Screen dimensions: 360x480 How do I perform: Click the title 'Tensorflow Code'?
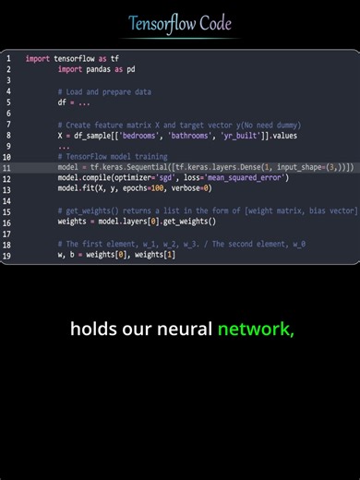click(179, 24)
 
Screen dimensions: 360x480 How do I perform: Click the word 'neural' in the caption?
click(178, 330)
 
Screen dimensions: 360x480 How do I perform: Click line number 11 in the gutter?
click(7, 167)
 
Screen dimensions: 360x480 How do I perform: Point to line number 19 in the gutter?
click(7, 254)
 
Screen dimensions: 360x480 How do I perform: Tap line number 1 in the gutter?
click(7, 58)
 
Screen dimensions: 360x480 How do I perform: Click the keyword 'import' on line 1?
click(38, 58)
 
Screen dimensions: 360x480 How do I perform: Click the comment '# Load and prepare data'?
click(104, 91)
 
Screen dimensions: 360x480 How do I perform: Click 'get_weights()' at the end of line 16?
click(188, 222)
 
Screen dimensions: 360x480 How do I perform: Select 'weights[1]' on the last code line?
click(153, 254)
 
